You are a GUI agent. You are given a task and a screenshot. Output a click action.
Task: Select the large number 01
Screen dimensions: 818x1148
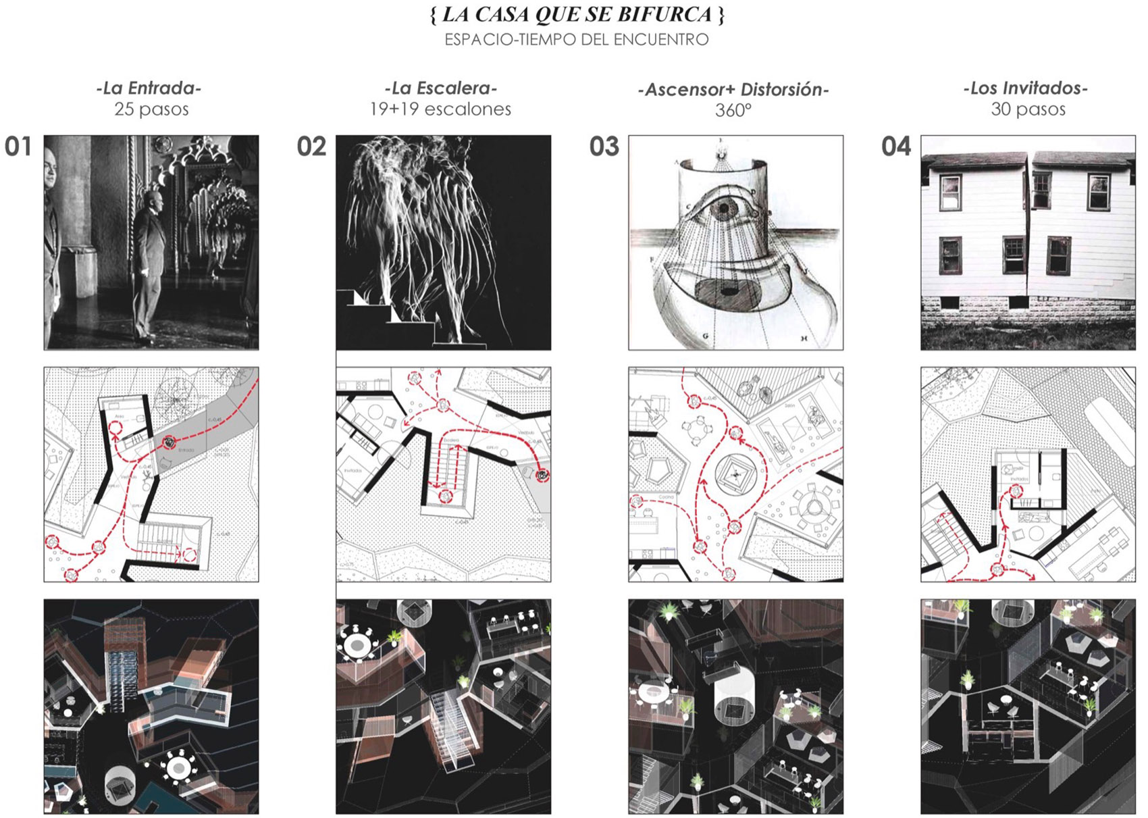pos(18,147)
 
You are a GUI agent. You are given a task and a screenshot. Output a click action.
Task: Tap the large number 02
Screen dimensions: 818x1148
pos(311,147)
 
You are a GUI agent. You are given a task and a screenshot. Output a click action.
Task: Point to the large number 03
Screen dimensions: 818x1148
pos(604,147)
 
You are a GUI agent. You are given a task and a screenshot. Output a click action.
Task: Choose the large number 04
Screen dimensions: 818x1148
pos(896,147)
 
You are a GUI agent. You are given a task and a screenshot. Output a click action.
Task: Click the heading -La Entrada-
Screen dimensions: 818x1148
pos(149,88)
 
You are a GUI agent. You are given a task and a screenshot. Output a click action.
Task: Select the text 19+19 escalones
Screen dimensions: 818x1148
pos(440,109)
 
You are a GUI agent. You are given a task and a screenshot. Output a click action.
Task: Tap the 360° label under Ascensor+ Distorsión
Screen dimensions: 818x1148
pos(733,109)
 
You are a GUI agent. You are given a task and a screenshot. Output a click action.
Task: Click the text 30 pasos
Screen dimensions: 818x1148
pos(1028,109)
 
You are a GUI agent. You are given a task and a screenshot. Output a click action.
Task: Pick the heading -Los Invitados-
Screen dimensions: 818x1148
pos(1025,88)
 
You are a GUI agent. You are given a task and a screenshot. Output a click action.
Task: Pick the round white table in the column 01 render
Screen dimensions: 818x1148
pos(178,768)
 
